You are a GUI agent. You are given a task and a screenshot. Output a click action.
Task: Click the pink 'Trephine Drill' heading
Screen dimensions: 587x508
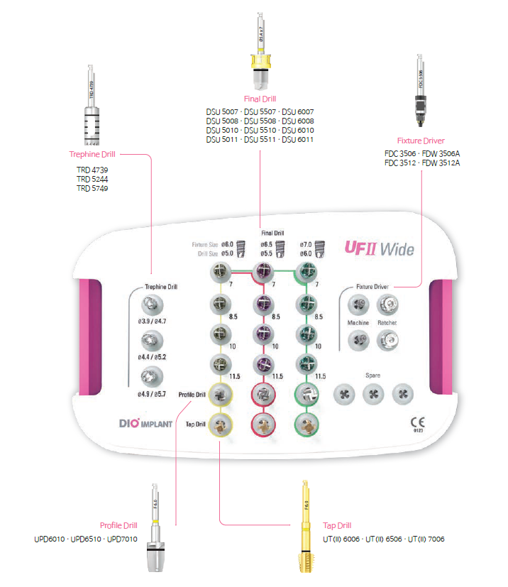92,153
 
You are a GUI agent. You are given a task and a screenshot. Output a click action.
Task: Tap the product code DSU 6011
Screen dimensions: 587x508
298,140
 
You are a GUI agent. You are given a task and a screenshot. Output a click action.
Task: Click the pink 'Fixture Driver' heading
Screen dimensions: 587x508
421,141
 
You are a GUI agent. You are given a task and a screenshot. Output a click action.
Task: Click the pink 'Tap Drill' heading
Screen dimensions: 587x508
337,526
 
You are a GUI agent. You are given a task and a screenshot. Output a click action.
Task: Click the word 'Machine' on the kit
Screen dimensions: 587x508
358,323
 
